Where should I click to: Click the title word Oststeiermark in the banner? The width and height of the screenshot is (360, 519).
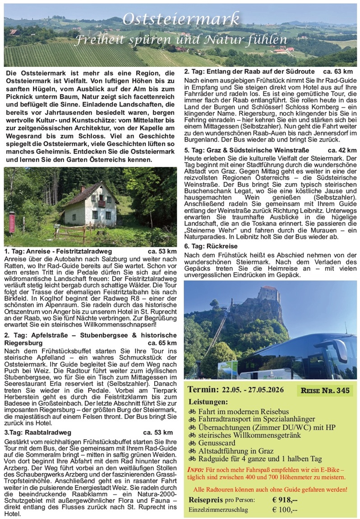click(181, 19)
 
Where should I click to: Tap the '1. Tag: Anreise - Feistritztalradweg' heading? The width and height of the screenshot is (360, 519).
click(58, 251)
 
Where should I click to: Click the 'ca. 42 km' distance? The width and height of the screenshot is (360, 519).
click(342, 150)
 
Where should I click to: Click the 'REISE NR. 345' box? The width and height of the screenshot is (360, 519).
click(325, 390)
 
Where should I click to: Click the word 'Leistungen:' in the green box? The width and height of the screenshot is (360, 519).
click(209, 402)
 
